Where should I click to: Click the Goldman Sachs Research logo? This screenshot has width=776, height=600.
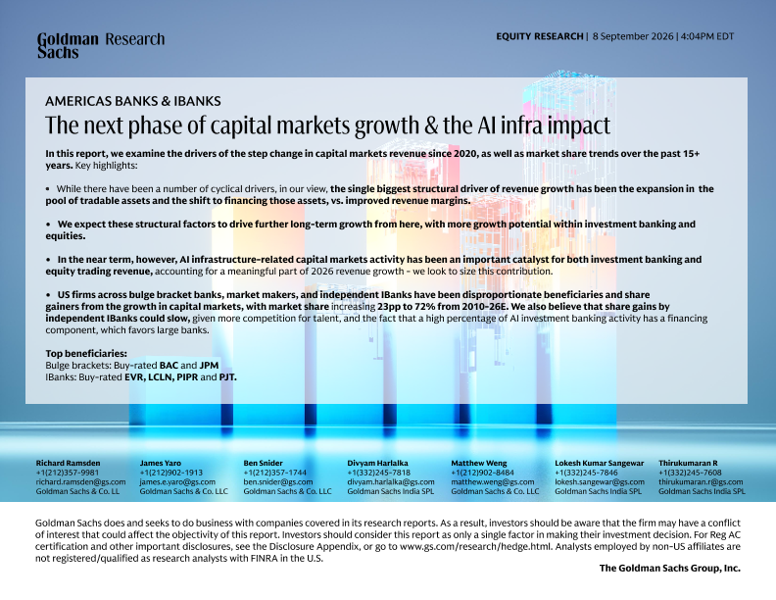pyautogui.click(x=101, y=45)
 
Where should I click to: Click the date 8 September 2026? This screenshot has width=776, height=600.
pyautogui.click(x=633, y=36)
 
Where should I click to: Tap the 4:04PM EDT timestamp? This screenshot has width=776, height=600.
pyautogui.click(x=707, y=36)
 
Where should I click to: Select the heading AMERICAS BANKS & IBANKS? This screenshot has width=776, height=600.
pyautogui.click(x=133, y=102)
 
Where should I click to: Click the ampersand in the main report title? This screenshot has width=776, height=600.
pyautogui.click(x=431, y=125)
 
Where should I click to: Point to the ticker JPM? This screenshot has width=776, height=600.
pyautogui.click(x=209, y=366)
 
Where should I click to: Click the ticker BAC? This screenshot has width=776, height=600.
pyautogui.click(x=169, y=366)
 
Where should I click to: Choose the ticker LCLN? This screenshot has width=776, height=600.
pyautogui.click(x=160, y=377)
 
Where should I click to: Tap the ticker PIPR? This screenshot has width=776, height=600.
pyautogui.click(x=187, y=377)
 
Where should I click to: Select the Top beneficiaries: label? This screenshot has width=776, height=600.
pyautogui.click(x=86, y=354)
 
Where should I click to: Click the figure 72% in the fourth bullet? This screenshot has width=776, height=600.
pyautogui.click(x=424, y=307)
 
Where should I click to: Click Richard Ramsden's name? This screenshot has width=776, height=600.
pyautogui.click(x=68, y=464)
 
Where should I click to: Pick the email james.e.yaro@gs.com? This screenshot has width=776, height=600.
pyautogui.click(x=177, y=482)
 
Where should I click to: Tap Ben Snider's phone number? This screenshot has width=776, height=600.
pyautogui.click(x=274, y=473)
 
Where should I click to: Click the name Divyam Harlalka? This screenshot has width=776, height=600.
pyautogui.click(x=377, y=464)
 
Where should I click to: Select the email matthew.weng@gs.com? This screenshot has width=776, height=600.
pyautogui.click(x=493, y=482)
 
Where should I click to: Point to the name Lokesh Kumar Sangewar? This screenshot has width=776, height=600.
pyautogui.click(x=600, y=464)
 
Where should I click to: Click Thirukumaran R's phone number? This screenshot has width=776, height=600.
pyautogui.click(x=690, y=473)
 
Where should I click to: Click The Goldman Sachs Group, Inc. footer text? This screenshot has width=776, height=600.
pyautogui.click(x=669, y=569)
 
